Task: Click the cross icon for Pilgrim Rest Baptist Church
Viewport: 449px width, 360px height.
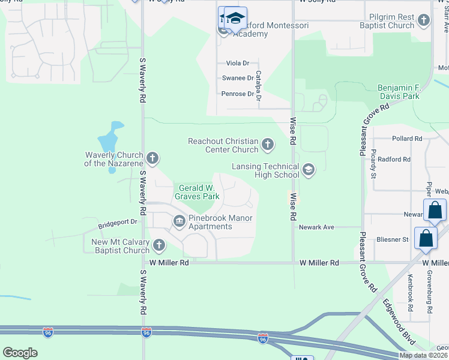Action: pyautogui.click(x=424, y=21)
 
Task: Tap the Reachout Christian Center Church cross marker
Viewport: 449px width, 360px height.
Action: pyautogui.click(x=268, y=145)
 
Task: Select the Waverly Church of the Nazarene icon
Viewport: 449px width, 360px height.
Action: pyautogui.click(x=152, y=158)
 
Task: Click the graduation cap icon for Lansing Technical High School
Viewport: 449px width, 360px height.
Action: pyautogui.click(x=309, y=170)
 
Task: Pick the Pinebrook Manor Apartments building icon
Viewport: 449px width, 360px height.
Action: pyautogui.click(x=179, y=222)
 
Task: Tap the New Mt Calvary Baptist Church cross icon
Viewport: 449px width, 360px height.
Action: pyautogui.click(x=158, y=245)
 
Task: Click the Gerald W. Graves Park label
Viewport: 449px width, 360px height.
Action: pyautogui.click(x=197, y=191)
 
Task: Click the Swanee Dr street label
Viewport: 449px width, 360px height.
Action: pyautogui.click(x=238, y=78)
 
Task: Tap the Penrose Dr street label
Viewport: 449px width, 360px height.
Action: pyautogui.click(x=238, y=94)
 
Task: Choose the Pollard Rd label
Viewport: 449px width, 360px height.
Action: pyautogui.click(x=407, y=139)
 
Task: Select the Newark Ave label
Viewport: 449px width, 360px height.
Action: pyautogui.click(x=316, y=227)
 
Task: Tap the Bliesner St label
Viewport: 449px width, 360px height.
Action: pyautogui.click(x=393, y=239)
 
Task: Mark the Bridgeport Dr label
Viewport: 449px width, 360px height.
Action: pyautogui.click(x=118, y=222)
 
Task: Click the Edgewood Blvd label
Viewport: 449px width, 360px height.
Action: pyautogui.click(x=399, y=322)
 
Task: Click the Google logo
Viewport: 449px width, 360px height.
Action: pyautogui.click(x=20, y=353)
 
